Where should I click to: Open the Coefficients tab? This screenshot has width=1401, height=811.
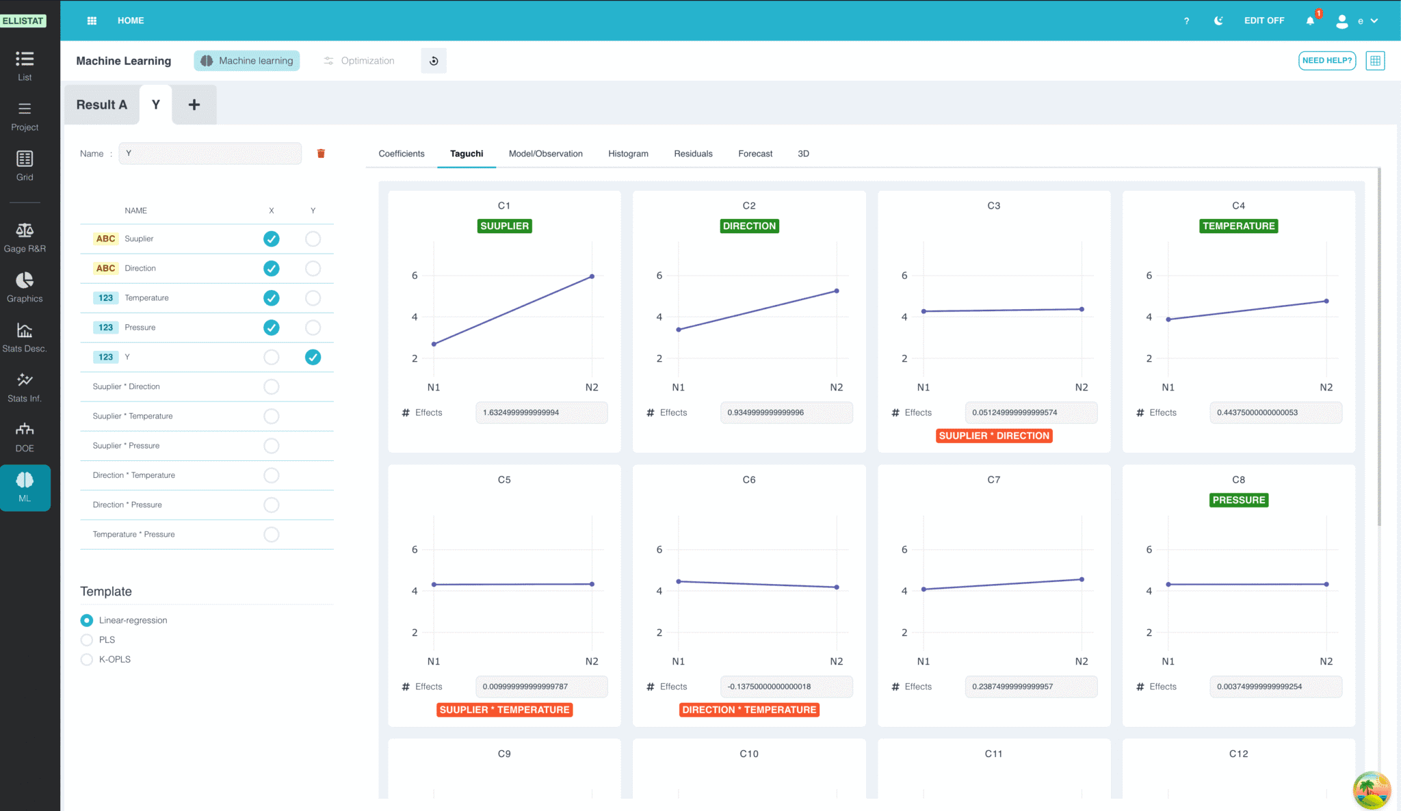(x=402, y=154)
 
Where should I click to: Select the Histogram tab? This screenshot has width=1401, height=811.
(x=628, y=154)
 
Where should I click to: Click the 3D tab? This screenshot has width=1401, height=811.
(x=803, y=154)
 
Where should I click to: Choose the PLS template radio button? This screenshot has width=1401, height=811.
(x=87, y=640)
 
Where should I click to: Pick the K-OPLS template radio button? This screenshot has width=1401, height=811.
(x=87, y=660)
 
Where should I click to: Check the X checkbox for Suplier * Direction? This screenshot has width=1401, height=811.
(x=272, y=387)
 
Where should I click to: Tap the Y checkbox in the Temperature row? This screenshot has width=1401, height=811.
(x=313, y=298)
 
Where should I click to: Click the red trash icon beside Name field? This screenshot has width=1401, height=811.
(x=321, y=154)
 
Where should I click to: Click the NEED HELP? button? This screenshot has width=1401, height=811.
(x=1327, y=61)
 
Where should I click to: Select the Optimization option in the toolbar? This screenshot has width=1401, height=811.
(x=359, y=61)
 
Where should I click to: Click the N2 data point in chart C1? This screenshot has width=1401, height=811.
(x=592, y=277)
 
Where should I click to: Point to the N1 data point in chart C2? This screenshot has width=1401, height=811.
(x=679, y=330)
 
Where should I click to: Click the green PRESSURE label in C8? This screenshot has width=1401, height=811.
(x=1239, y=501)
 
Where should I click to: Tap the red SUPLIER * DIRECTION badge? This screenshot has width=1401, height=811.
(x=994, y=436)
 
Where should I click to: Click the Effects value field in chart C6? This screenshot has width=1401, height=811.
(x=787, y=687)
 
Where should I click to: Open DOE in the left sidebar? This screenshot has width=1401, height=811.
(x=25, y=438)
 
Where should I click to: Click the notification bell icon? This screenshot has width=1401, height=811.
(x=1310, y=21)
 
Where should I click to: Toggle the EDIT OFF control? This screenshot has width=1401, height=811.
(x=1264, y=21)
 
